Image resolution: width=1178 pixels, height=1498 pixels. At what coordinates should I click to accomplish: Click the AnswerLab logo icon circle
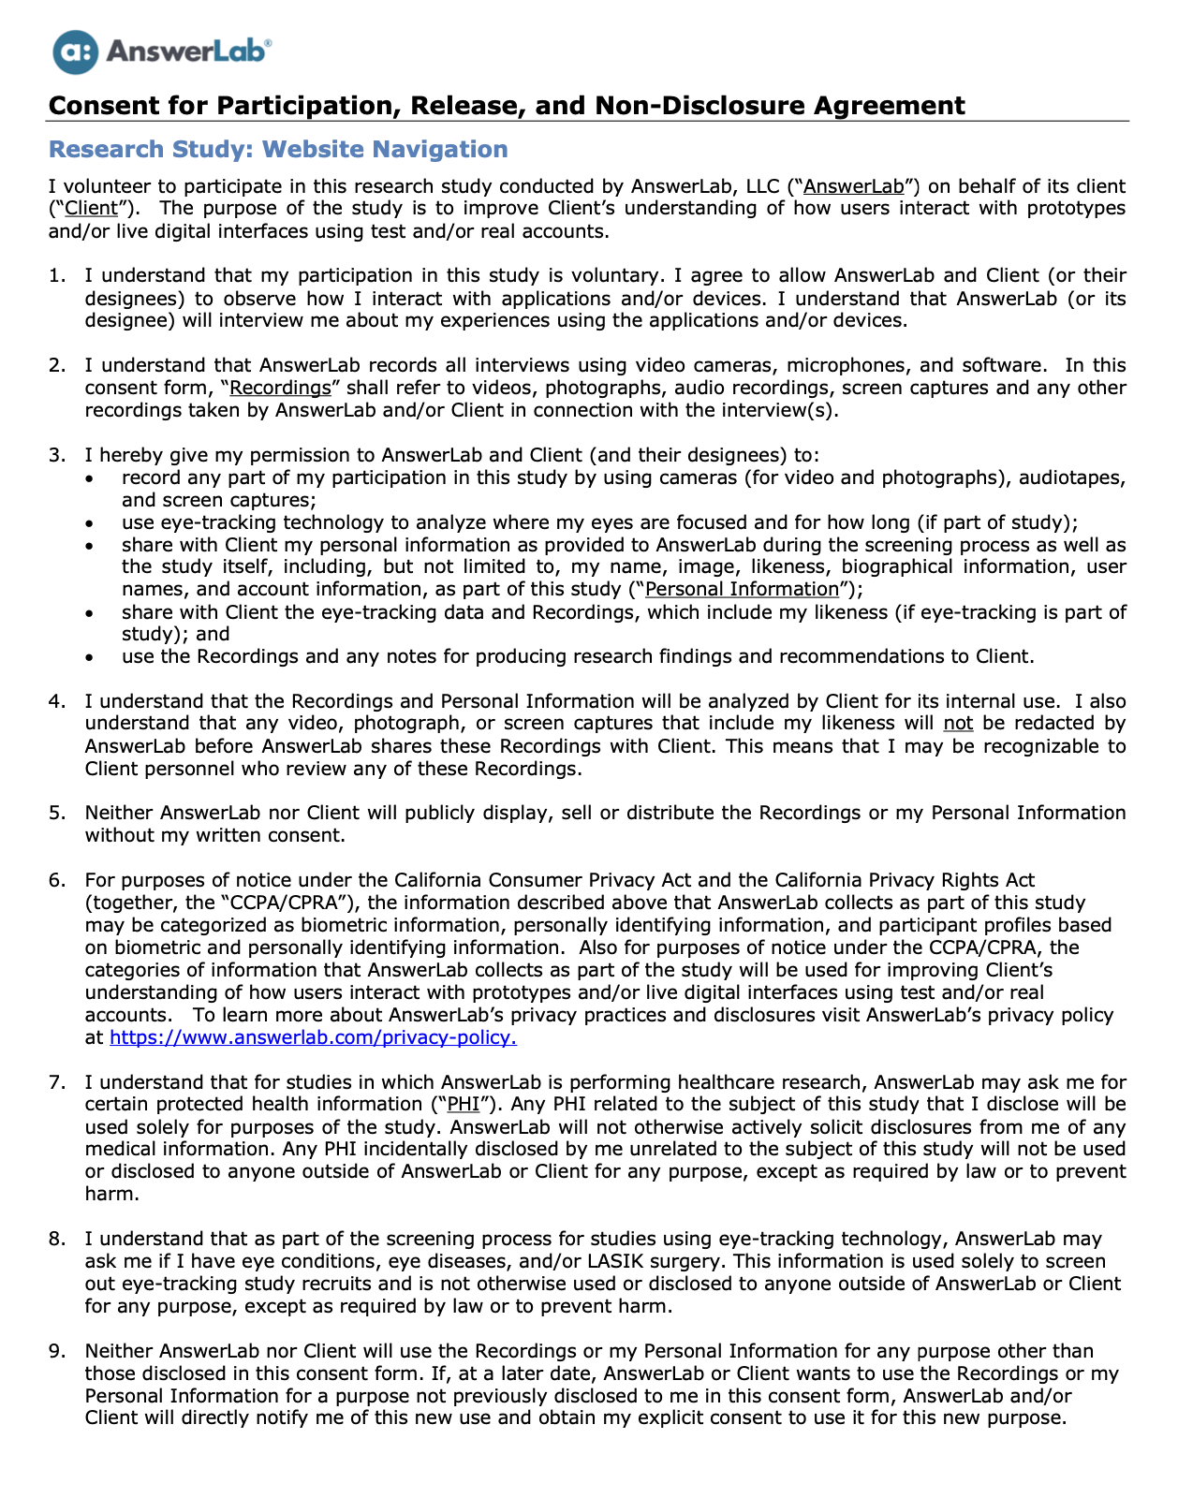(x=75, y=51)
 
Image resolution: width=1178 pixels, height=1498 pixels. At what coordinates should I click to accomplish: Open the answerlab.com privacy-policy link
(x=313, y=1037)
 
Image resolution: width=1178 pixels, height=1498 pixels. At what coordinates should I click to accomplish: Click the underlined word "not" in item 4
(x=958, y=724)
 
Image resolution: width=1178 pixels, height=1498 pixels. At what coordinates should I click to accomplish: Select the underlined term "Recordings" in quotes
(x=281, y=388)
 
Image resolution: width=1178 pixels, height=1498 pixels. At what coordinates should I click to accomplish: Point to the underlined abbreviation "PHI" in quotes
(x=464, y=1105)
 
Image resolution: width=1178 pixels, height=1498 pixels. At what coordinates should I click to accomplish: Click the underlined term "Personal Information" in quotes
(x=743, y=589)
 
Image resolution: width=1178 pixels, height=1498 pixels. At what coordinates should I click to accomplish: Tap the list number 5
(x=57, y=813)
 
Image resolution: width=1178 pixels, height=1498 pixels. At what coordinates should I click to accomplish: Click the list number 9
(x=57, y=1351)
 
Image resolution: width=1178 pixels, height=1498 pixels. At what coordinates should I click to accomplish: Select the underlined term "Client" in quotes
(x=92, y=209)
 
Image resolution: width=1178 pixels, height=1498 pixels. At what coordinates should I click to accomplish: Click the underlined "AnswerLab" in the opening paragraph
(x=854, y=186)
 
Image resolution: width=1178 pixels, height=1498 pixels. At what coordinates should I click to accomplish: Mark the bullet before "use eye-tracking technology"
(x=89, y=522)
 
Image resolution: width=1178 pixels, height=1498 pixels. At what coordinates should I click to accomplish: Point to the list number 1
(x=57, y=275)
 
